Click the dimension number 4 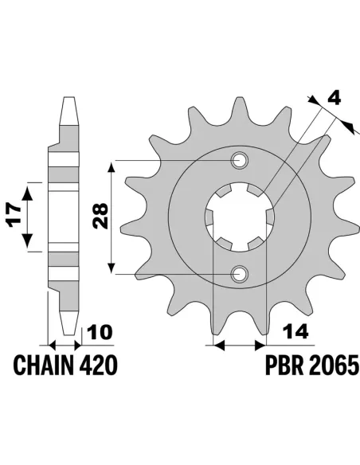[335, 100]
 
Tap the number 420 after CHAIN [100, 365]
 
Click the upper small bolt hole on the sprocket [238, 161]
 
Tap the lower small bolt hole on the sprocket [238, 274]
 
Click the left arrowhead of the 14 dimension [216, 346]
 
